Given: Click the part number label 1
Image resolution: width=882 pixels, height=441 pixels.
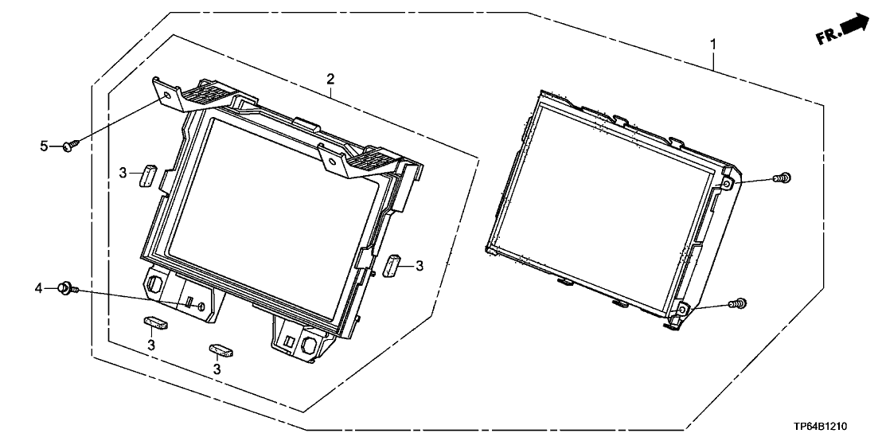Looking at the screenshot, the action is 713,44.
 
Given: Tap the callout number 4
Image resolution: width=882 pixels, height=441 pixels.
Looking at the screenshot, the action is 39,289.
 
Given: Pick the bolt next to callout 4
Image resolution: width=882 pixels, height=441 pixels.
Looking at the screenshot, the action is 67,289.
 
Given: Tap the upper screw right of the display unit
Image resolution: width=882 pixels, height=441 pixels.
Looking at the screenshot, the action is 782,178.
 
